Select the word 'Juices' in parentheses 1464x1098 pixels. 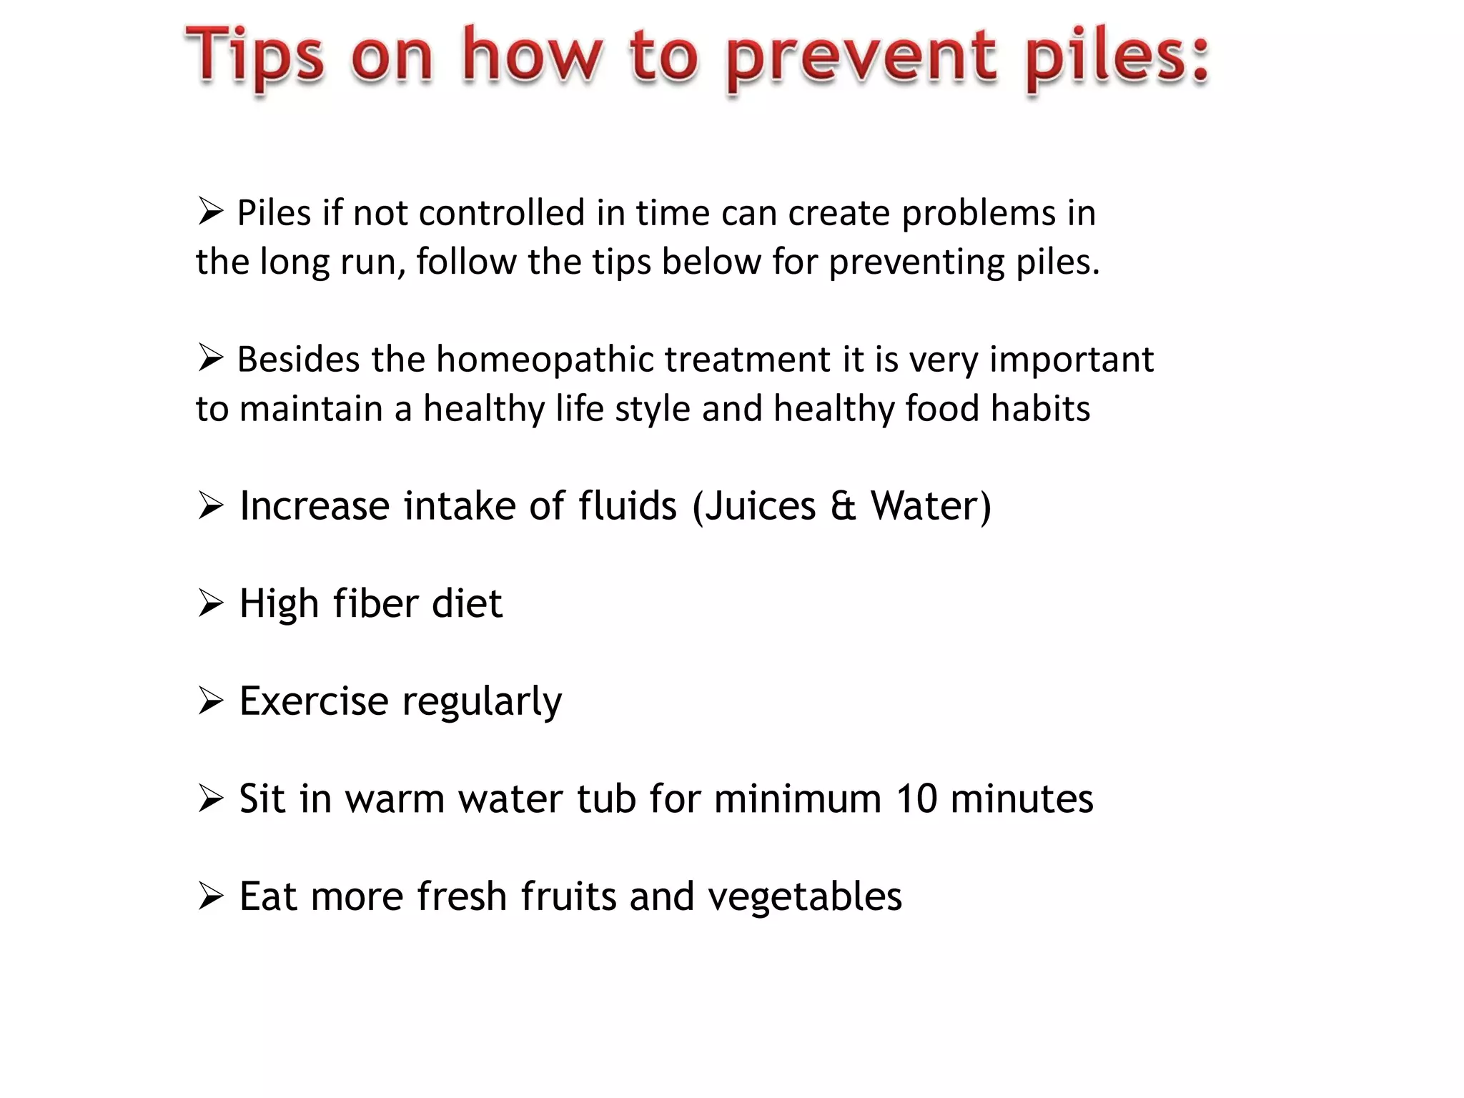[x=760, y=506]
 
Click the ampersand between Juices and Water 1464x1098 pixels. [x=843, y=506]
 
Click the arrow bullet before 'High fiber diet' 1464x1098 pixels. [x=211, y=603]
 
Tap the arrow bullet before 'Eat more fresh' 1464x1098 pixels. [x=211, y=896]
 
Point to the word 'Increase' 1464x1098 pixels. [x=315, y=506]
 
